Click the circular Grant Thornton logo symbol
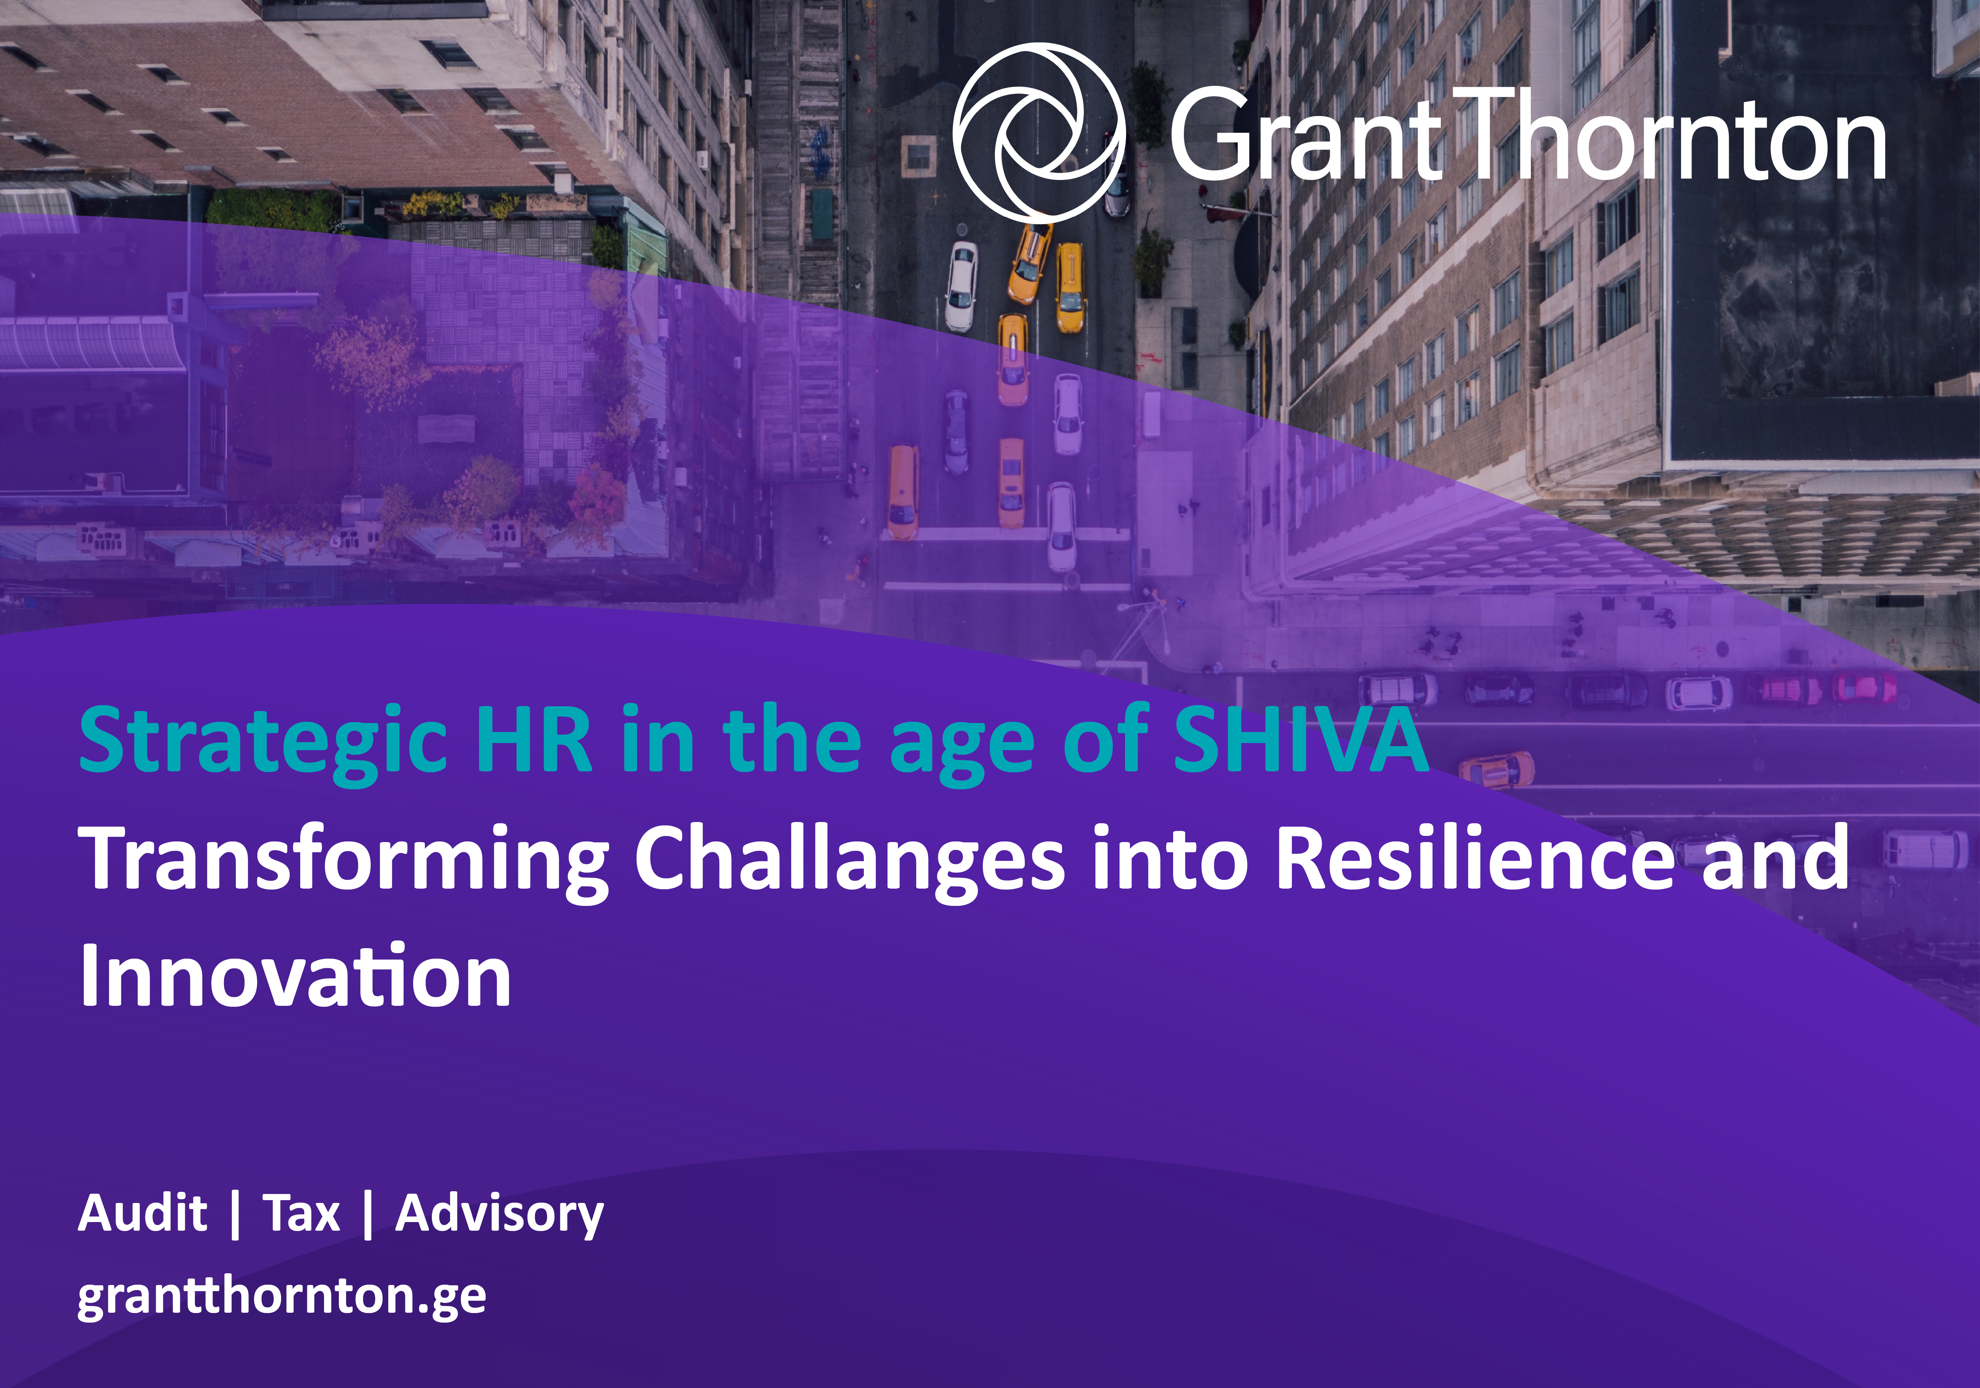[1039, 132]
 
